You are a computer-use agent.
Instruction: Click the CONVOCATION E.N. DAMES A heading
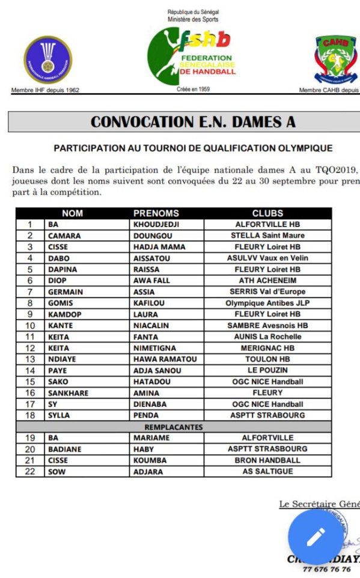click(x=193, y=122)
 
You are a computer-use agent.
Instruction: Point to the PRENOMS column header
click(x=156, y=213)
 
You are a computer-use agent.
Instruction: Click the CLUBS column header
click(x=267, y=213)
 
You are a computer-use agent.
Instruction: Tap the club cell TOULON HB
click(x=267, y=359)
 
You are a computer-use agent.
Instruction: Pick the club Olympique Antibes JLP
click(x=267, y=303)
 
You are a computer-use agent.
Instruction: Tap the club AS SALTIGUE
click(x=267, y=472)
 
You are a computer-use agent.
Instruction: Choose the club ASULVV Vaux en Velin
click(x=267, y=258)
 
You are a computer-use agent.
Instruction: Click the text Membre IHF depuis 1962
click(x=45, y=91)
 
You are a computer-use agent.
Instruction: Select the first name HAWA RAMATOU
click(x=161, y=359)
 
